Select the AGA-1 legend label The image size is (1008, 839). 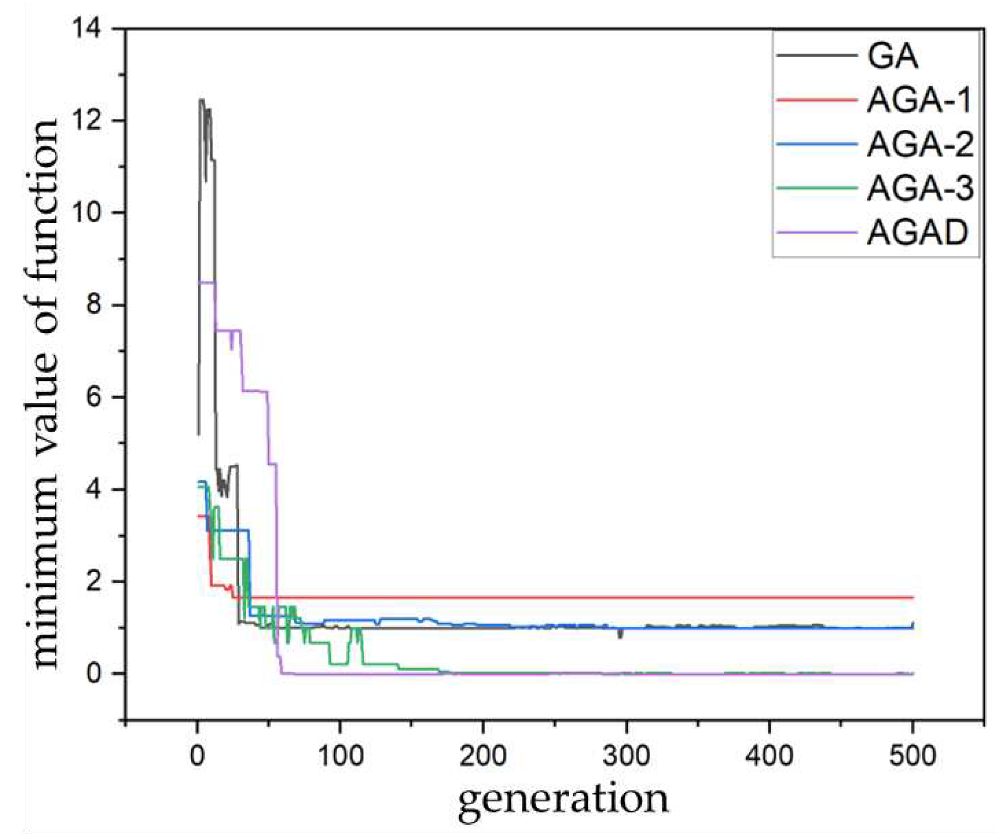(918, 100)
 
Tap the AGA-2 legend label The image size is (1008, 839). (920, 144)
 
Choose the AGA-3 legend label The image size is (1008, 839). (920, 188)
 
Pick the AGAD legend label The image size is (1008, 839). (917, 232)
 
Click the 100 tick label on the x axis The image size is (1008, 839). (340, 756)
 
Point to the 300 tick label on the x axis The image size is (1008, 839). (626, 756)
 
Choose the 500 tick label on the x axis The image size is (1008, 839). (912, 756)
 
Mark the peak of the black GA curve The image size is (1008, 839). (201, 100)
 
